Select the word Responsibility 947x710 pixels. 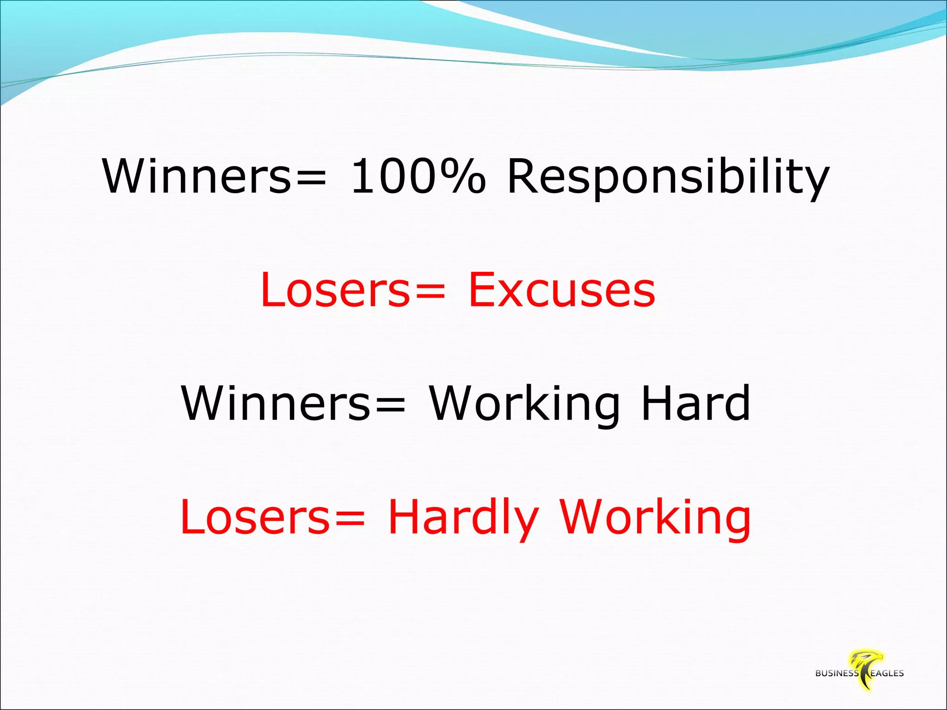[668, 178]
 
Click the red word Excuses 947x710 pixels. [562, 290]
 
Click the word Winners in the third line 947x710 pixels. [275, 403]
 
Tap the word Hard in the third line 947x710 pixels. [696, 403]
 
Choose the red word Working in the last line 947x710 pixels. [656, 519]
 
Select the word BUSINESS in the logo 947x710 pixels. [836, 673]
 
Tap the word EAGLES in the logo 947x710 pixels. [887, 673]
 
